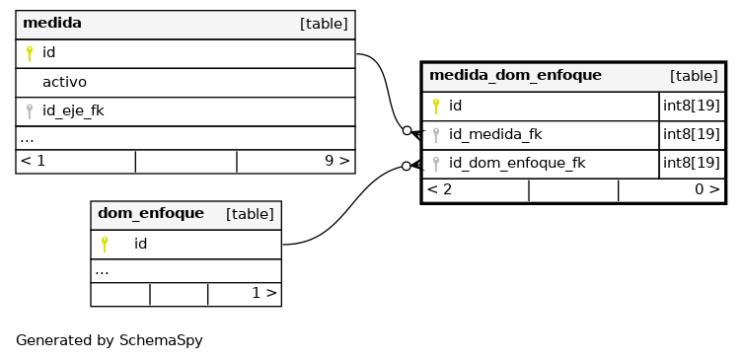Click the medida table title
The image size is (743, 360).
tap(52, 23)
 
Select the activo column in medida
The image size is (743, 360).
tap(64, 82)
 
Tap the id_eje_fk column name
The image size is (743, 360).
tap(73, 110)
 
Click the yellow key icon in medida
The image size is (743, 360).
tap(30, 53)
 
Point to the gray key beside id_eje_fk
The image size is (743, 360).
tap(30, 111)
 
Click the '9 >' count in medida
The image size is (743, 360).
tap(336, 161)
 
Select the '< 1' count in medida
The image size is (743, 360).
tap(33, 161)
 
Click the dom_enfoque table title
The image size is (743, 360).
tap(151, 213)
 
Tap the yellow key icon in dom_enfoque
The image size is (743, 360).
tap(105, 245)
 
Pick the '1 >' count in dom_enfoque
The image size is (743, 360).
tap(263, 293)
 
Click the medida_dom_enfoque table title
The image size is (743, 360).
tap(515, 75)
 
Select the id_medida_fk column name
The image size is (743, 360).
tap(495, 134)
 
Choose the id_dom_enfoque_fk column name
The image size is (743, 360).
tap(517, 163)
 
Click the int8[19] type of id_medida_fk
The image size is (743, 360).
tap(692, 134)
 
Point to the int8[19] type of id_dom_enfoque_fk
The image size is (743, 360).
tap(692, 163)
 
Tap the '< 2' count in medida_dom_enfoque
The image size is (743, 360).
tap(439, 189)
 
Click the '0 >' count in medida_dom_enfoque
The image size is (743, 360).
tap(707, 189)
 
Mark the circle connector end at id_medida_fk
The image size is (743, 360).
tap(407, 131)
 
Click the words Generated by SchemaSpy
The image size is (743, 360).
tap(109, 340)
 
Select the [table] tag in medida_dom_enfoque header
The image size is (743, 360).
tap(694, 76)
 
